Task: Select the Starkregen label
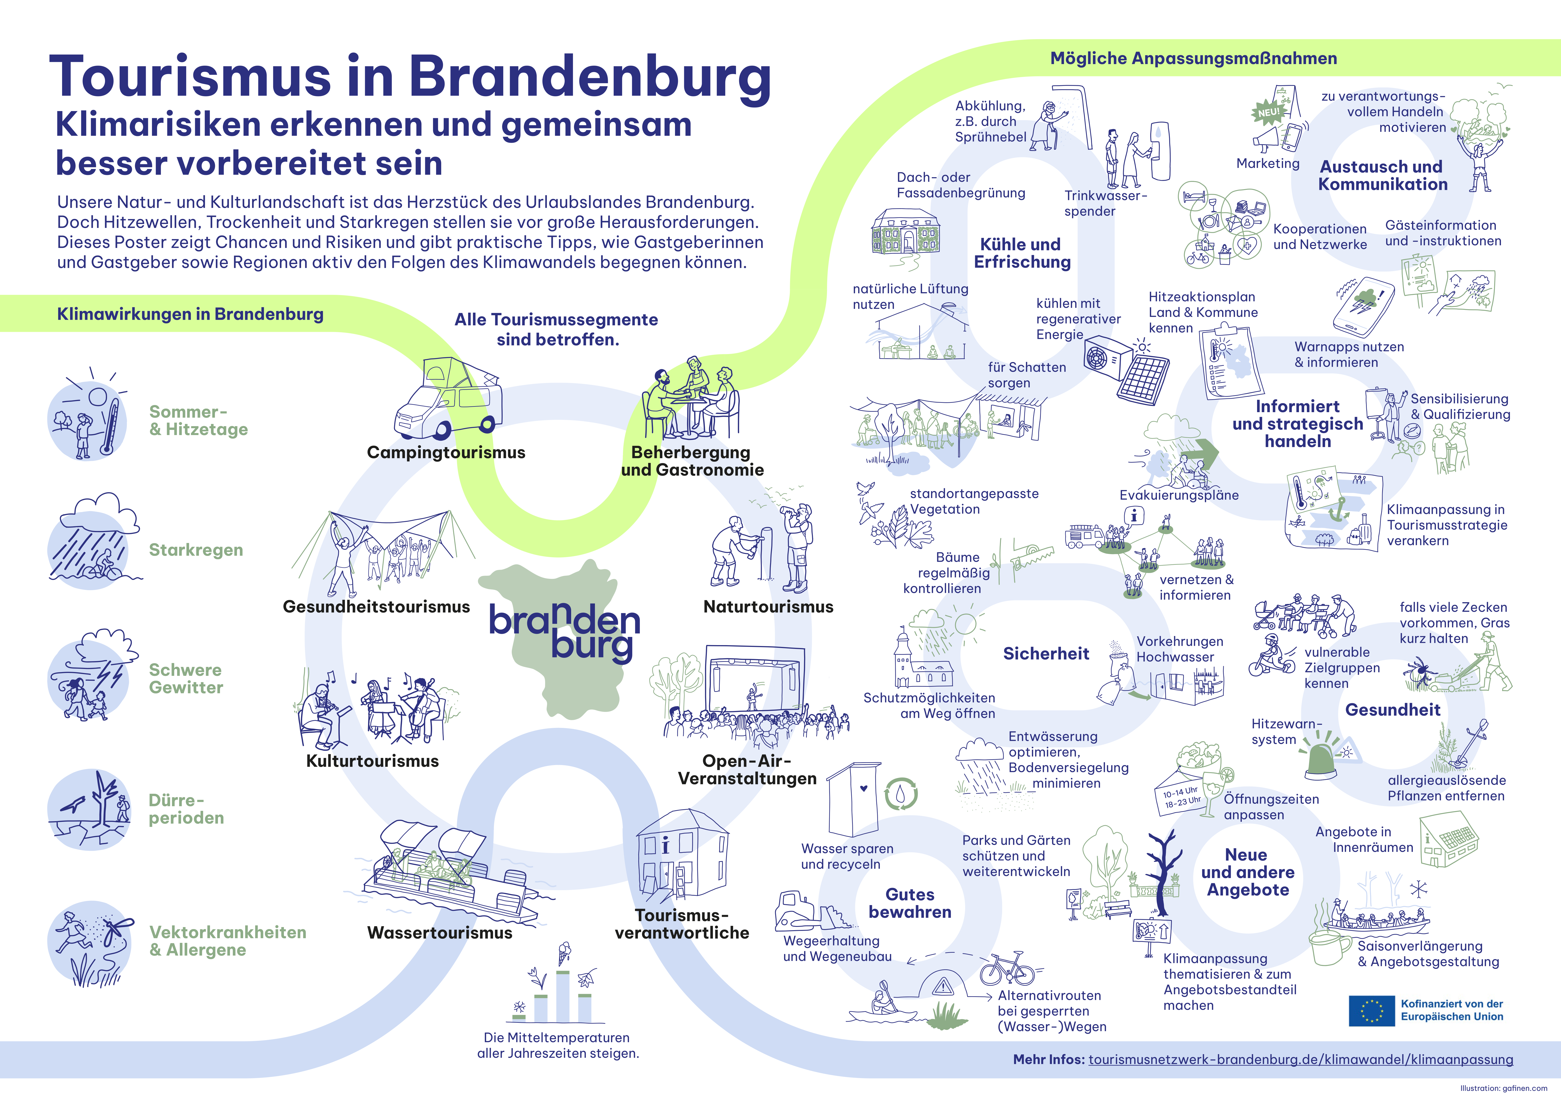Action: coord(196,550)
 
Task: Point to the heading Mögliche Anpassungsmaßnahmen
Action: coord(1194,59)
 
